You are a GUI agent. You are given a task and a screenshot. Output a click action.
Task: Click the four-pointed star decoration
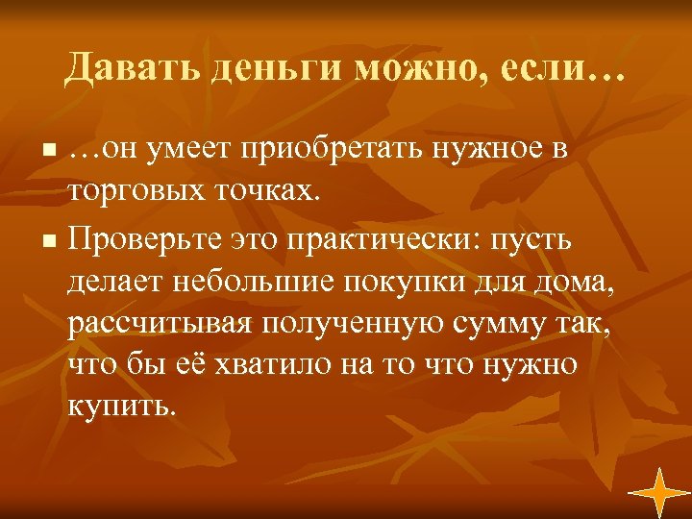pos(659,489)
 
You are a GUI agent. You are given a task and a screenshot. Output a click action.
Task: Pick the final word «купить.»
pos(123,407)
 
